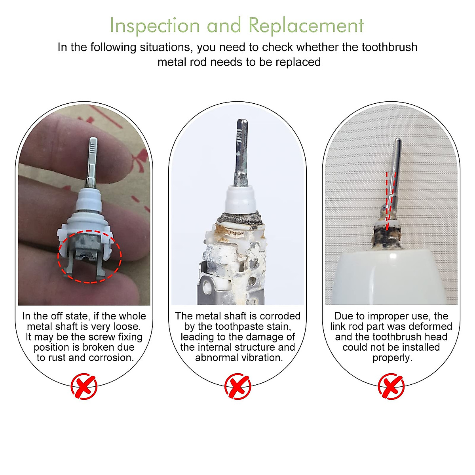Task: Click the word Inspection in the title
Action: pos(154,26)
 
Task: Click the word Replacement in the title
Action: pos(306,26)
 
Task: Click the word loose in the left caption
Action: pos(126,327)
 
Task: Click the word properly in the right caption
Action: pos(392,357)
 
